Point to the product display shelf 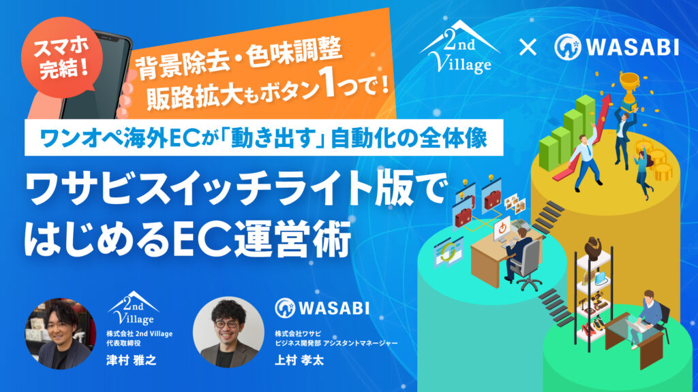(x=592, y=286)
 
